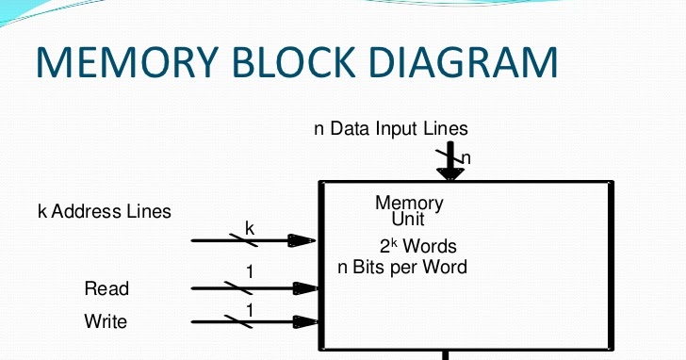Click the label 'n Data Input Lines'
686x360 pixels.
(391, 128)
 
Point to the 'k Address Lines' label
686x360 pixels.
(105, 210)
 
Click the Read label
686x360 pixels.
(106, 288)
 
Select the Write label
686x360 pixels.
(106, 321)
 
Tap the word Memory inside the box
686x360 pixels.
(409, 203)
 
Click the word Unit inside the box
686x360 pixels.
(408, 220)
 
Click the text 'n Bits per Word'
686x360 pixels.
(402, 267)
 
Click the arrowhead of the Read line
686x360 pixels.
(302, 288)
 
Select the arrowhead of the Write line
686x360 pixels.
(302, 322)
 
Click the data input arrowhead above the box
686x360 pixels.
(449, 172)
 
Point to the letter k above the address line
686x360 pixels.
(250, 227)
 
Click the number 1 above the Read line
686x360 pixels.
(250, 273)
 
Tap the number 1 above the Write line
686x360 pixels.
(250, 309)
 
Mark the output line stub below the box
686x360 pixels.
(446, 355)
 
